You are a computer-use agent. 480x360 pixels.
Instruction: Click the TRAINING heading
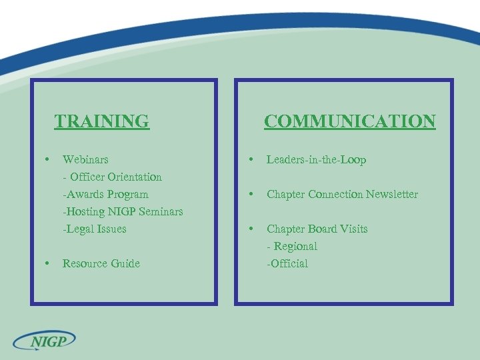point(102,121)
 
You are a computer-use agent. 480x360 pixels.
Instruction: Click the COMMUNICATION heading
point(349,121)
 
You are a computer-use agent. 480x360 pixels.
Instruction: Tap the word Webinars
point(85,160)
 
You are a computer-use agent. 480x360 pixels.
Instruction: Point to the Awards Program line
point(105,195)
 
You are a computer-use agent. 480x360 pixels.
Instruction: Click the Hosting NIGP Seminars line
point(123,212)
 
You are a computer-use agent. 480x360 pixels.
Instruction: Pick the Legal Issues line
point(95,229)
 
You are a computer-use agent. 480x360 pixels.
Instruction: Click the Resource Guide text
point(101,264)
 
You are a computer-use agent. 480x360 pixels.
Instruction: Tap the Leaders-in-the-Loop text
point(317,160)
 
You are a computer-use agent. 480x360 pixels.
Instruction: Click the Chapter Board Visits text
point(317,229)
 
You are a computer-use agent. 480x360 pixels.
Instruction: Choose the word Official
point(289,264)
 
